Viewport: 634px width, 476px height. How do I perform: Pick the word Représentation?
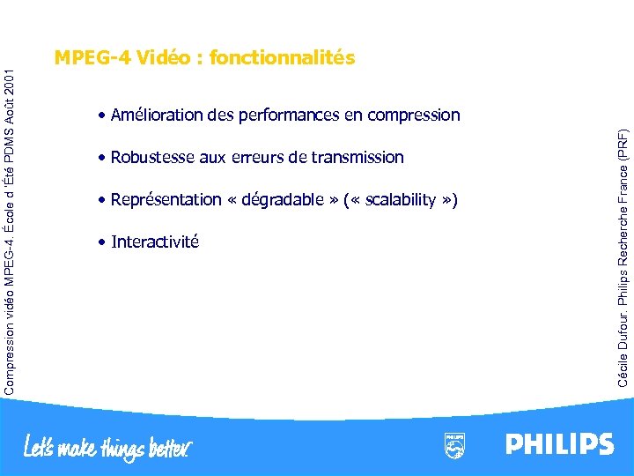[166, 200]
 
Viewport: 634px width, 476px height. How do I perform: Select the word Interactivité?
[155, 242]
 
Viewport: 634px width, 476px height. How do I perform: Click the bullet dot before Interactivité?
[103, 242]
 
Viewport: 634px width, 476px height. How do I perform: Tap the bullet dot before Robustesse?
[103, 159]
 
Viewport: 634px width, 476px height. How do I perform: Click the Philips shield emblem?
[455, 445]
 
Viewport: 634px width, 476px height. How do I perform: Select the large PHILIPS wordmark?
[559, 443]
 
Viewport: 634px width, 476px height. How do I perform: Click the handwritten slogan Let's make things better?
[107, 446]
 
